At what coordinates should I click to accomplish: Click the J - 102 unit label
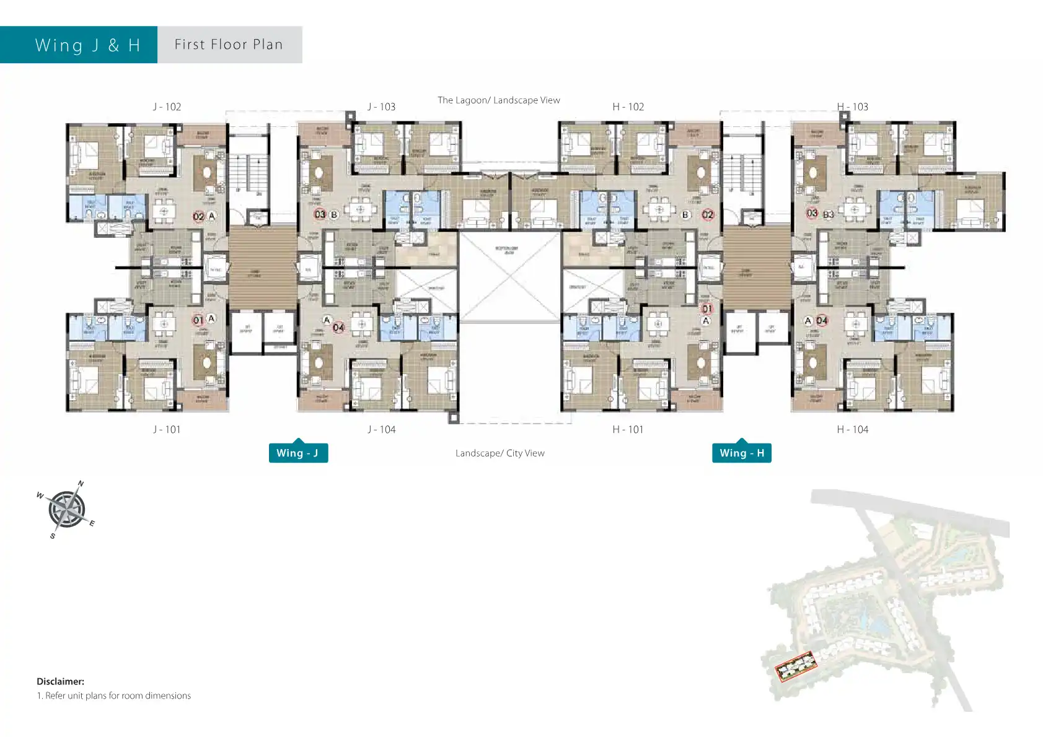coord(167,107)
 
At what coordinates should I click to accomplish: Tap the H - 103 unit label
coord(852,107)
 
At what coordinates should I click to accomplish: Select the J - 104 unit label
coord(381,429)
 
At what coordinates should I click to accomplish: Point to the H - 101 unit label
coord(628,429)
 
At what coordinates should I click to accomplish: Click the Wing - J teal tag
coord(298,453)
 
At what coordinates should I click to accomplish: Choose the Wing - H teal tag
coord(741,453)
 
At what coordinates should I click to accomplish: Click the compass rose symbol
coord(66,510)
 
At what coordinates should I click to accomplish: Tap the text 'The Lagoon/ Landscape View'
coord(498,100)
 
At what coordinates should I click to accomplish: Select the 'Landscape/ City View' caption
coord(499,453)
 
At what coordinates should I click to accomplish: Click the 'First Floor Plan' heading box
coord(229,45)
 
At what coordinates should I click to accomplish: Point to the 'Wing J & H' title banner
coord(79,45)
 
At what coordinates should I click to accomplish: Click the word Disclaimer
coord(60,681)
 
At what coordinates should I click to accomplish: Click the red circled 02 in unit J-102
coord(198,216)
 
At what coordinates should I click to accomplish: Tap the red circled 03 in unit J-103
coord(320,214)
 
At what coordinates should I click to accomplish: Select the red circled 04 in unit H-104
coord(822,320)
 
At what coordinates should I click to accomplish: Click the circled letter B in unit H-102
coord(685,215)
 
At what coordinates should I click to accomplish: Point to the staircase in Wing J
coord(249,173)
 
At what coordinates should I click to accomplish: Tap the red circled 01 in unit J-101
coord(198,320)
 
